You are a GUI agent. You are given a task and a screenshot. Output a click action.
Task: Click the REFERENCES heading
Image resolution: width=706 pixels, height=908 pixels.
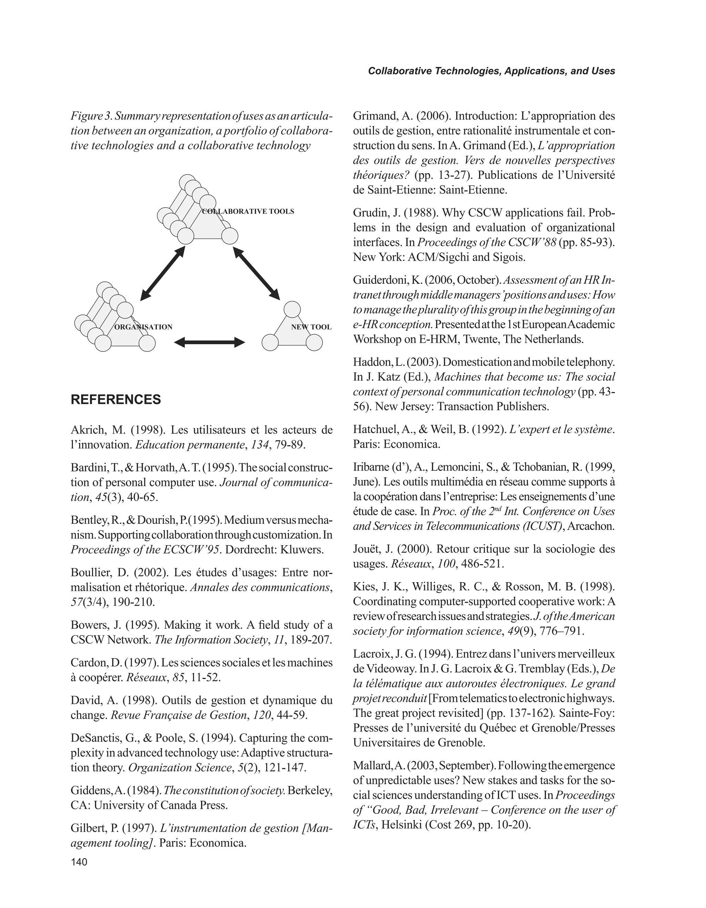tap(115, 400)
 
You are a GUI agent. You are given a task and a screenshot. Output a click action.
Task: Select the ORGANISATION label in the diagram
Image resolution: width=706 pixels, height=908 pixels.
tap(143, 327)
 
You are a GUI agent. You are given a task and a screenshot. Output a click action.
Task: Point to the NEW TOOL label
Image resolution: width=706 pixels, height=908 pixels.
tap(311, 327)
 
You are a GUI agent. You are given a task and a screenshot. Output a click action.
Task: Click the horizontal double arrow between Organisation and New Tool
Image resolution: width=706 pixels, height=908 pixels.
tap(210, 342)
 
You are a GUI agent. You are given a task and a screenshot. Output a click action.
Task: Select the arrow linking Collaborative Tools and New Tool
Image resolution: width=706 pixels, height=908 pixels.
tap(256, 273)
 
